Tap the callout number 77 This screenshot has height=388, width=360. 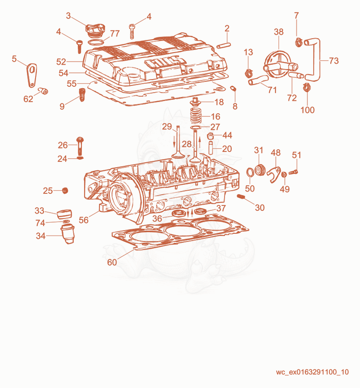pyautogui.click(x=115, y=33)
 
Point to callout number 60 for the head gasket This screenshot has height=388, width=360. pyautogui.click(x=112, y=262)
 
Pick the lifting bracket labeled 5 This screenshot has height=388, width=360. pyautogui.click(x=32, y=75)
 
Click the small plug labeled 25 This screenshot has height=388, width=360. pyautogui.click(x=65, y=191)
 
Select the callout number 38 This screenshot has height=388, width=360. pyautogui.click(x=279, y=32)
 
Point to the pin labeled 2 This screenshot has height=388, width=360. pyautogui.click(x=224, y=46)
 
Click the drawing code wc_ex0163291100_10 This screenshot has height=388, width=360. pyautogui.click(x=312, y=372)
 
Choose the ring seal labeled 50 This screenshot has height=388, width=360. pyautogui.click(x=250, y=172)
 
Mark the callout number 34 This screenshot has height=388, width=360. pyautogui.click(x=40, y=236)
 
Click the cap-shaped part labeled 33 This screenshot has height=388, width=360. pyautogui.click(x=64, y=214)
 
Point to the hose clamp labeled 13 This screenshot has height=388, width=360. pyautogui.click(x=248, y=73)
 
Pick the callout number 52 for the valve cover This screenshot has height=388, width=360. pyautogui.click(x=61, y=62)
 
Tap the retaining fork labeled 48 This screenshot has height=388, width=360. pyautogui.click(x=274, y=174)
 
